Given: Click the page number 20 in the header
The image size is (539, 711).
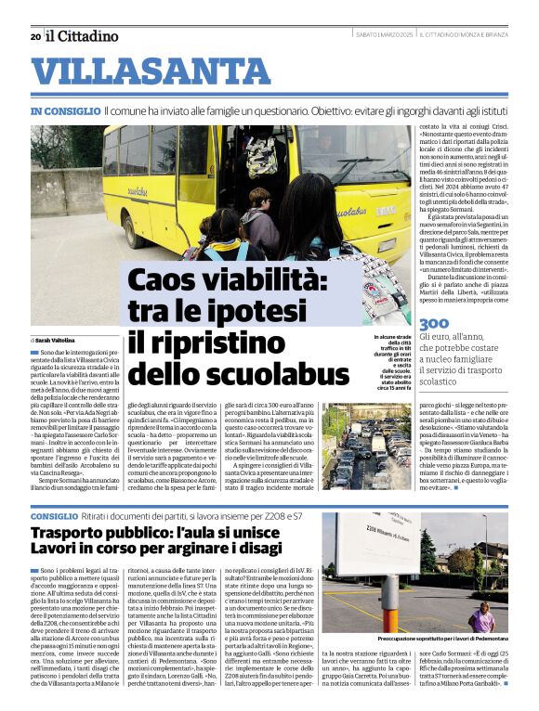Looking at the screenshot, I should click(x=35, y=37).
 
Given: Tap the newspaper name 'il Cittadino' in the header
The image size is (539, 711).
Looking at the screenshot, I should click(x=83, y=36).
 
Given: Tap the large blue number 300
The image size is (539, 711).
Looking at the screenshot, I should click(x=434, y=324).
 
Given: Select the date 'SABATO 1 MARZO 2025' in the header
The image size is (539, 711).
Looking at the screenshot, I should click(x=387, y=35).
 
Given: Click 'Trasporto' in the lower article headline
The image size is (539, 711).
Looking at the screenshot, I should click(x=79, y=534).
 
